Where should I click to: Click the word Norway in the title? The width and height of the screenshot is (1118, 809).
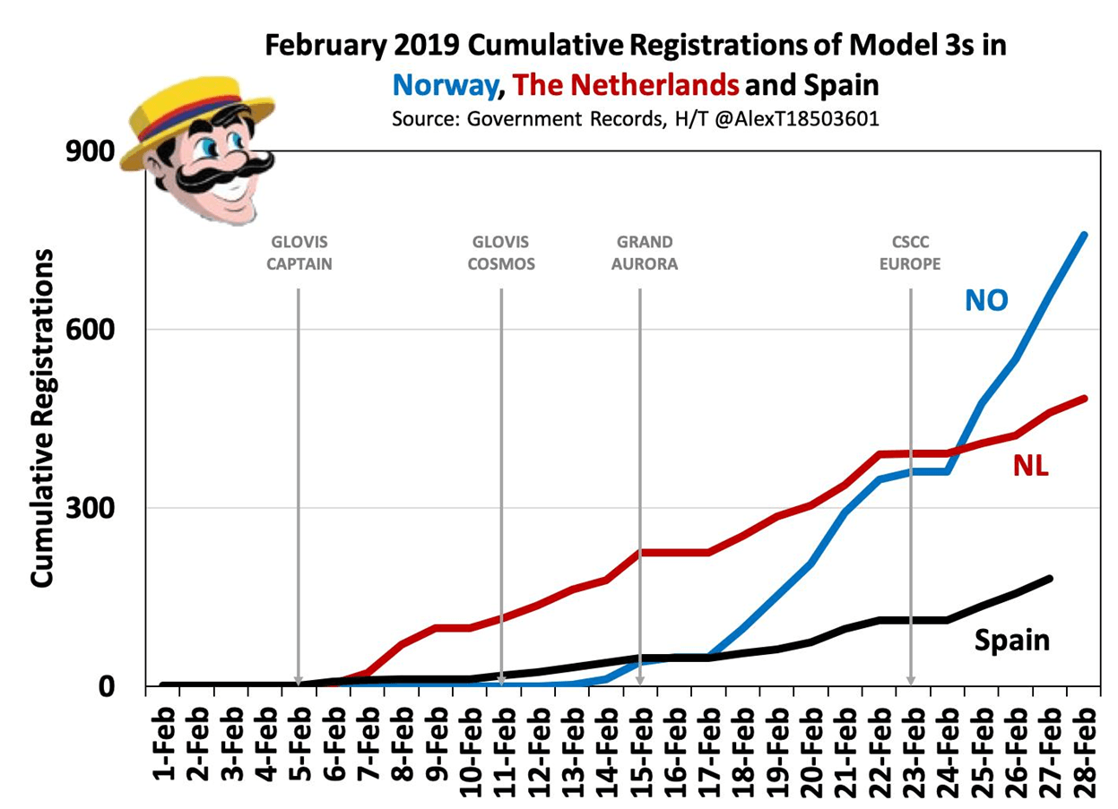point(445,85)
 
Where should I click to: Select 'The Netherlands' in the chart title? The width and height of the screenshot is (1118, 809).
point(628,85)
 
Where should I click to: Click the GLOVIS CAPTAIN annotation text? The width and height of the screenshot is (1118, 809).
point(299,253)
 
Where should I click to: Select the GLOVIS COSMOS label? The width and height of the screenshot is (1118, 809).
point(500,253)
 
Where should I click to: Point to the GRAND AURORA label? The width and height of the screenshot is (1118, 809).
point(645,253)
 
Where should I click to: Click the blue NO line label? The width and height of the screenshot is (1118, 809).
point(986,300)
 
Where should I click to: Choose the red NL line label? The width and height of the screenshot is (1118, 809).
point(1031,466)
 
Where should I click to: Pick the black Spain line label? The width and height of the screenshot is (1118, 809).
point(1011,640)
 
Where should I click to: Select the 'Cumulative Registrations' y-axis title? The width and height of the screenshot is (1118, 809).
point(44,417)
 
